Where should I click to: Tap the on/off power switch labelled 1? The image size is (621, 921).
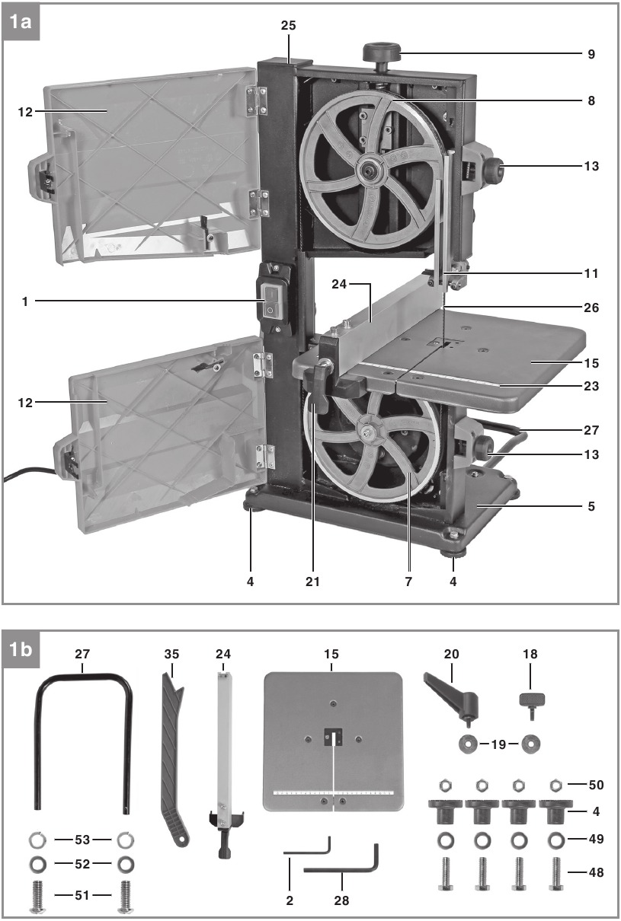click(x=271, y=301)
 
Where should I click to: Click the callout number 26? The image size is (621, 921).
click(x=591, y=308)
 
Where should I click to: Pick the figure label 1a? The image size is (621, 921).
click(x=21, y=22)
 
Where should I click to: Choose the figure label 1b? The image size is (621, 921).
click(x=21, y=650)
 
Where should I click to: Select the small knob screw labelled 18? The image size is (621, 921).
click(x=532, y=703)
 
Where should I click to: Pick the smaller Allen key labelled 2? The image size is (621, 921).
click(x=307, y=845)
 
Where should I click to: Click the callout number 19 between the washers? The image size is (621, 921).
click(x=498, y=744)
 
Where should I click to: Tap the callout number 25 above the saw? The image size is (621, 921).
click(x=288, y=25)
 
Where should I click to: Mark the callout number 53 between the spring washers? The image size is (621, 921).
click(x=82, y=840)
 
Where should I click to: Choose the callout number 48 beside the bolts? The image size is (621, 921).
click(x=596, y=872)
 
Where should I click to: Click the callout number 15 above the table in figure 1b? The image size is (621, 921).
click(x=331, y=654)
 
